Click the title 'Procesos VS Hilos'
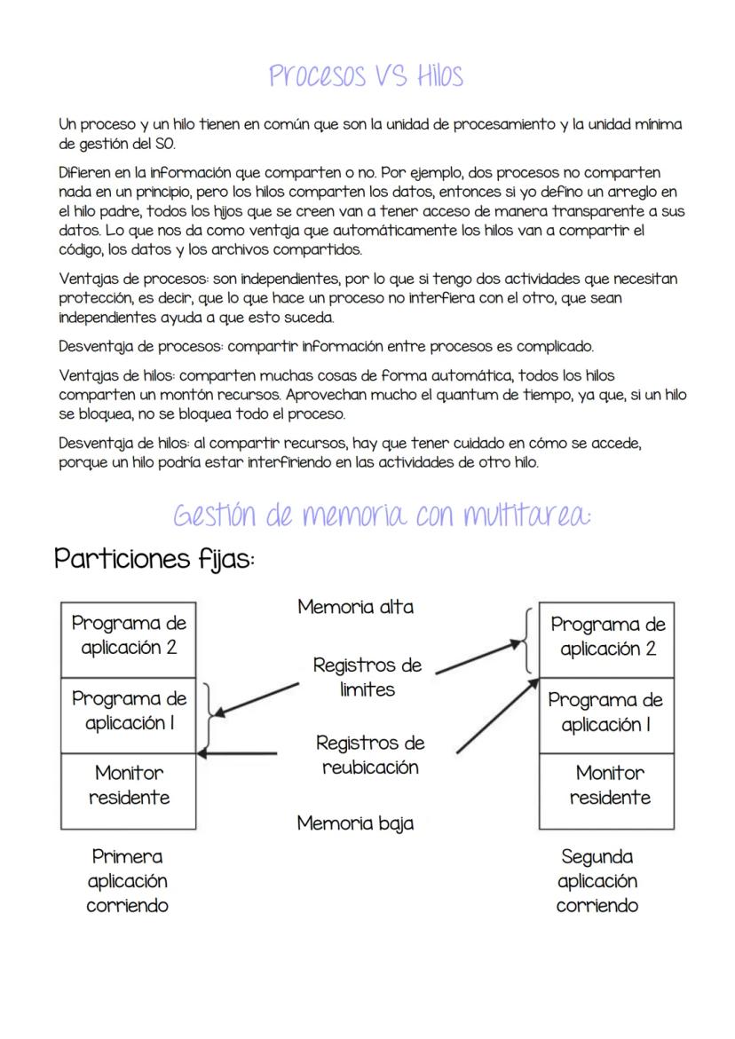tap(366, 75)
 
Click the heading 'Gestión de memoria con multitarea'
tap(382, 515)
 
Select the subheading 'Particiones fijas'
tap(154, 559)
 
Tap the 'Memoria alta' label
tap(355, 608)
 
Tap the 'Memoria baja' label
tap(355, 823)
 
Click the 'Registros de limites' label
tap(367, 677)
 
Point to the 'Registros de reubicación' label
tap(370, 755)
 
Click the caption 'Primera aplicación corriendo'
tap(127, 881)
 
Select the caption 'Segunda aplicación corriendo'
tap(597, 881)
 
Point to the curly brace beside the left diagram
tap(209, 717)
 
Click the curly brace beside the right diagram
tap(529, 641)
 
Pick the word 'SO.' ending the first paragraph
tap(164, 144)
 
